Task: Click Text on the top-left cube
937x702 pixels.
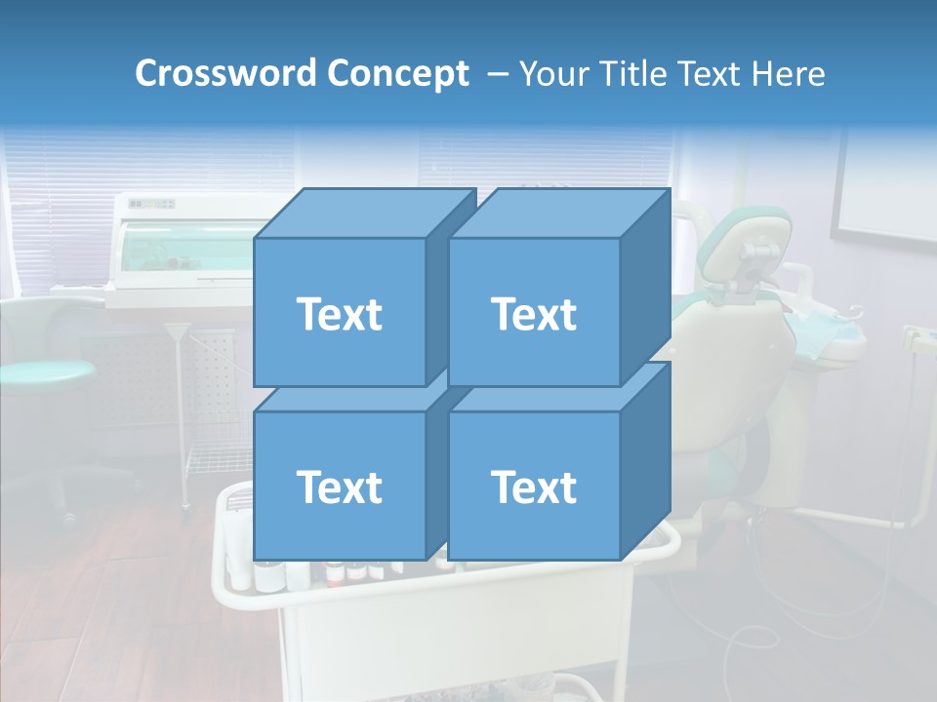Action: pyautogui.click(x=340, y=314)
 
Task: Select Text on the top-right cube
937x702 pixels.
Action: pyautogui.click(x=534, y=314)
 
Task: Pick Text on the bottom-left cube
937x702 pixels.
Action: pyautogui.click(x=340, y=487)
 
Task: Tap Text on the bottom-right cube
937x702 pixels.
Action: pyautogui.click(x=534, y=487)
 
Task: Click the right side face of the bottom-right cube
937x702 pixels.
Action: pyautogui.click(x=645, y=463)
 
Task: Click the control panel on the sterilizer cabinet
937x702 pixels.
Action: pyautogui.click(x=152, y=204)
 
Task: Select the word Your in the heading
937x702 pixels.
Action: pyautogui.click(x=551, y=74)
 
